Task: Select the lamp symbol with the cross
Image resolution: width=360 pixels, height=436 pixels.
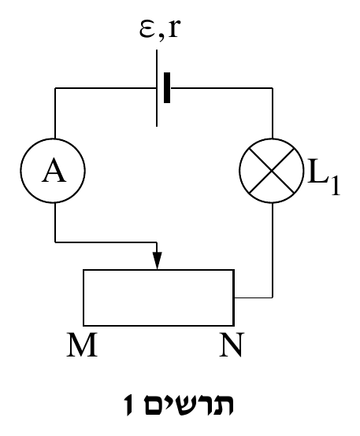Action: tap(272, 171)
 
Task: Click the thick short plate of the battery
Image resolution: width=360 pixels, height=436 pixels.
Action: tap(167, 88)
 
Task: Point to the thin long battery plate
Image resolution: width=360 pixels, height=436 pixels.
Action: tap(157, 88)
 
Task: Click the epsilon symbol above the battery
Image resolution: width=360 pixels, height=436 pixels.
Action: tap(147, 28)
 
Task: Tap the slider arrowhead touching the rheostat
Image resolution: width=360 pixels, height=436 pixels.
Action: tap(158, 260)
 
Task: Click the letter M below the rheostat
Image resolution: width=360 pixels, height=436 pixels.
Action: tap(82, 345)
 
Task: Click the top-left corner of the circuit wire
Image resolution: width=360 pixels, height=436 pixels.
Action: tap(55, 88)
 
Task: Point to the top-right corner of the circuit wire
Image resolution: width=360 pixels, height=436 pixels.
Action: tap(273, 88)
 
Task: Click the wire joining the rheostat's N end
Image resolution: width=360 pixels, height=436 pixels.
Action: tap(254, 297)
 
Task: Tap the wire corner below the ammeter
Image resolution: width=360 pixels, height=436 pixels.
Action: tap(55, 242)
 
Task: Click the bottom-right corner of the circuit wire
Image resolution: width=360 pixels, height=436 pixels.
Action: tap(273, 297)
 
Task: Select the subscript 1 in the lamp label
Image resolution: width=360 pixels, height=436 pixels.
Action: tap(336, 186)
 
